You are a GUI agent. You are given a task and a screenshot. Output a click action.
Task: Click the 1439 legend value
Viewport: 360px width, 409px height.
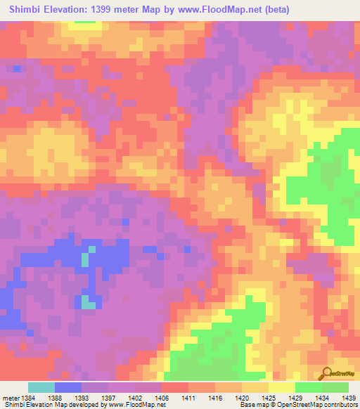point(345,398)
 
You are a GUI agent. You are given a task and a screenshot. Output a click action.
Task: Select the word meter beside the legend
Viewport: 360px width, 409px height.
point(9,398)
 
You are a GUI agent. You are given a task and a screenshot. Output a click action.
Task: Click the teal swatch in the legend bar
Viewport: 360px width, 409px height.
point(41,387)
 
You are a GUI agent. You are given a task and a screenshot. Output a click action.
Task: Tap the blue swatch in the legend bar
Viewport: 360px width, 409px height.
point(68,387)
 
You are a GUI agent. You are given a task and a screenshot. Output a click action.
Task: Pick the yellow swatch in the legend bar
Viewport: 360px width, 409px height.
point(282,387)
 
